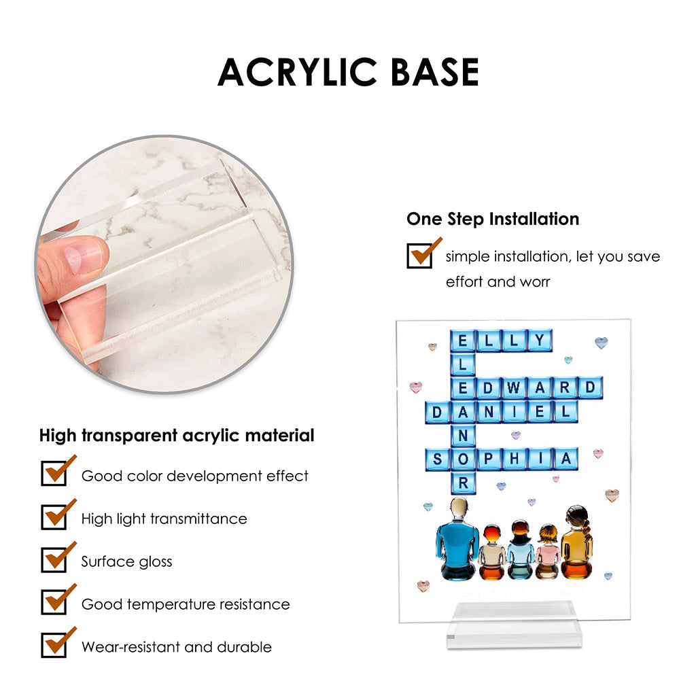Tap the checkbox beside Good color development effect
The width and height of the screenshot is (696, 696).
(54, 473)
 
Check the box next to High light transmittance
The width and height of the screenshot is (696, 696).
(54, 517)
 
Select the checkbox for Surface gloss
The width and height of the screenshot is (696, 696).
(54, 559)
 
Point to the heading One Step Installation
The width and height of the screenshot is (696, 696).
(493, 219)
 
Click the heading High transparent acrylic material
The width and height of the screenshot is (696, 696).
(177, 436)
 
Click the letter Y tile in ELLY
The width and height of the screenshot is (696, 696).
(540, 341)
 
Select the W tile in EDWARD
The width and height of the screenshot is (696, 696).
(514, 387)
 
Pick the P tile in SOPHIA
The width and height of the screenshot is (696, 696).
(488, 459)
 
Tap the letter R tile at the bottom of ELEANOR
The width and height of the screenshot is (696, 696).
(463, 483)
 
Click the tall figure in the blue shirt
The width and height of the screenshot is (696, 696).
(457, 538)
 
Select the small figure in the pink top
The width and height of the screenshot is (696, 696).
(548, 552)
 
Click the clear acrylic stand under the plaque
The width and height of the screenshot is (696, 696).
(514, 625)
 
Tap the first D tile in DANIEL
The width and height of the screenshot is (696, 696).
(437, 412)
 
